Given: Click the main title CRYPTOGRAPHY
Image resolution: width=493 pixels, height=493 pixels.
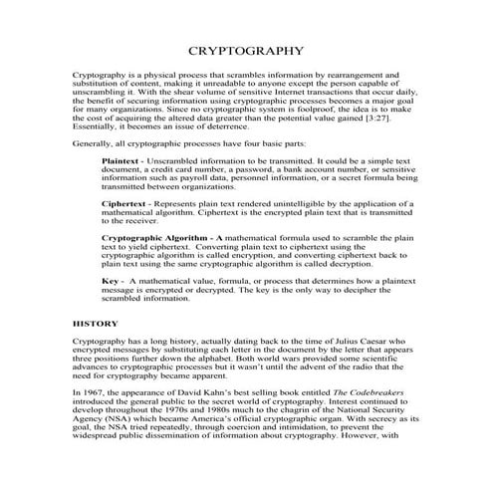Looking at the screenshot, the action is [x=246, y=51].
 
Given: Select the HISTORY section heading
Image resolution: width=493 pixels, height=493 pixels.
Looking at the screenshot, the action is [x=95, y=324].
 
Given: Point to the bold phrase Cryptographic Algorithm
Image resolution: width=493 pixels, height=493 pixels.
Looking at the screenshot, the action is [x=154, y=239].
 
